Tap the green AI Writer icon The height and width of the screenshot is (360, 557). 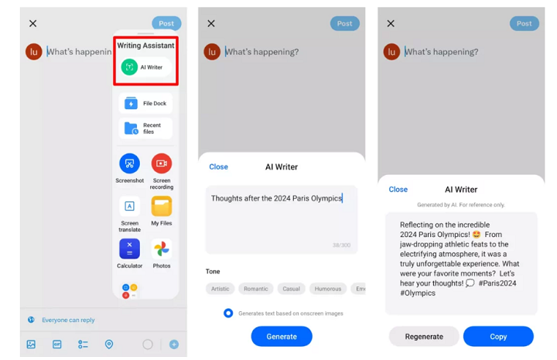(x=129, y=67)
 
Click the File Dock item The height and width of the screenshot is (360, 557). (x=145, y=104)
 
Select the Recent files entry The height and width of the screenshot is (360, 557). (x=145, y=129)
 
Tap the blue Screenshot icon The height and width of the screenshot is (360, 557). (x=130, y=163)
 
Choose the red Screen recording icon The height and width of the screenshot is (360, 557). (x=162, y=163)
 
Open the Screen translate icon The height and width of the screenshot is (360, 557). (x=130, y=206)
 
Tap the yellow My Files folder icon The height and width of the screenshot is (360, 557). (x=162, y=206)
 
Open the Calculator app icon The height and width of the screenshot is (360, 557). (x=130, y=249)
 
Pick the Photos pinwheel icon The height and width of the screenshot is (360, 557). (x=162, y=249)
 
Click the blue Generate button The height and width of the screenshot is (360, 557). (x=282, y=336)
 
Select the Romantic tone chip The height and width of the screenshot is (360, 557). (x=256, y=289)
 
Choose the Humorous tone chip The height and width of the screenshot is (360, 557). (x=328, y=289)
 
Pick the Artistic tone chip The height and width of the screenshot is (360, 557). (x=220, y=289)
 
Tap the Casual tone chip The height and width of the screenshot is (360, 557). (x=292, y=289)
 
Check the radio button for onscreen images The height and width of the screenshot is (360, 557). (x=228, y=313)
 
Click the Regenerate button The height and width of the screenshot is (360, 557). (x=424, y=336)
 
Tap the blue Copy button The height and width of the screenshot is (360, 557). (x=498, y=336)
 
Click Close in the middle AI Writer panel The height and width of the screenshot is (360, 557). (x=218, y=166)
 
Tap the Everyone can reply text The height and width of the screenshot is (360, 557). (x=68, y=320)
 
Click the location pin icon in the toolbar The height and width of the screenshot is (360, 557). (x=109, y=344)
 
